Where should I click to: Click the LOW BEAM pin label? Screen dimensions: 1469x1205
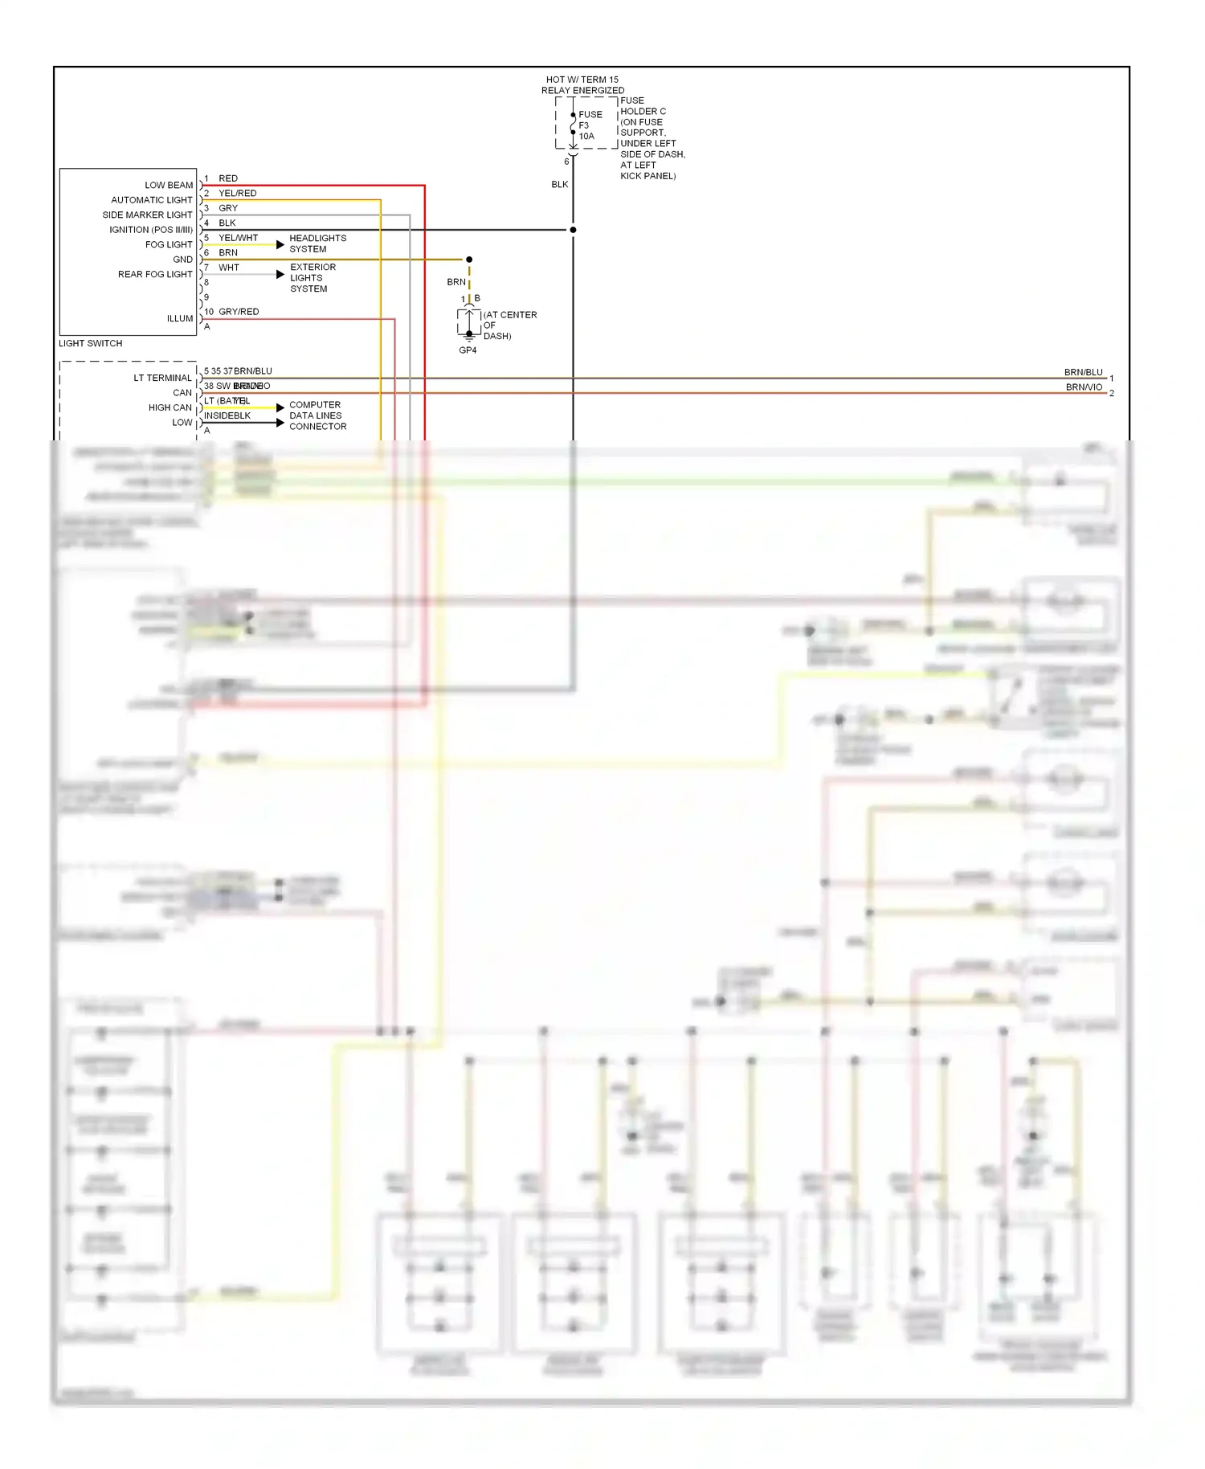(169, 185)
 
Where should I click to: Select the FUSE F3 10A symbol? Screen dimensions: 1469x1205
(574, 125)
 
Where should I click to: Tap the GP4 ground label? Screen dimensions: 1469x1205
(468, 350)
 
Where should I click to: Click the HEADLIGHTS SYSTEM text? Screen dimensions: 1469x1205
(317, 243)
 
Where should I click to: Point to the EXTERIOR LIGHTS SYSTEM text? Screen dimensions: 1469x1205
(312, 278)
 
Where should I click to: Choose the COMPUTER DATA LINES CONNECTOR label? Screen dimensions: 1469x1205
(317, 415)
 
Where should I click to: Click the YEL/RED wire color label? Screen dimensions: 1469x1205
(238, 193)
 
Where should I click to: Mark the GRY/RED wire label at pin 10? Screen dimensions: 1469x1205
(239, 312)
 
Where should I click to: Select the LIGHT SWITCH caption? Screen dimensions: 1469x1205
(91, 343)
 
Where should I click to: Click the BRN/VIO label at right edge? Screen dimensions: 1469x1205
(1084, 387)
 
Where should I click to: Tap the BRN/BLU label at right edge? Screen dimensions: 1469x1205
(1083, 372)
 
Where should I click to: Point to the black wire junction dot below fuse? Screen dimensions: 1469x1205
(573, 230)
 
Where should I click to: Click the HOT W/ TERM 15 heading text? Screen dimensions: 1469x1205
(582, 80)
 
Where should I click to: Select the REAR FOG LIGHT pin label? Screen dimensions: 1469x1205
(155, 274)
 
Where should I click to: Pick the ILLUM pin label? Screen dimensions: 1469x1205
(180, 318)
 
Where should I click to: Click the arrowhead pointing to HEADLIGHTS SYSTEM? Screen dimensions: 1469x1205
(280, 244)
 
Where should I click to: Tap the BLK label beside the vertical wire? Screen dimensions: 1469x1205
(560, 185)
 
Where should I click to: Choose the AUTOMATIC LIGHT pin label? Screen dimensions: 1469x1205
(152, 200)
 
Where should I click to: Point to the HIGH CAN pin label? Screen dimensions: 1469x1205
(170, 407)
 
